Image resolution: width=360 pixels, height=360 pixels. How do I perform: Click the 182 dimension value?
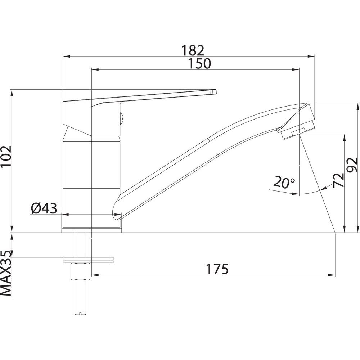(193, 50)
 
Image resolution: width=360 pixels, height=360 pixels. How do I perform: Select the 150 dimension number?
(199, 64)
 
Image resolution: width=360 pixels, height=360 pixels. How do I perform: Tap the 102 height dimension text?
(6, 157)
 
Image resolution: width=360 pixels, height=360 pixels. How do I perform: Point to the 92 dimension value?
(352, 165)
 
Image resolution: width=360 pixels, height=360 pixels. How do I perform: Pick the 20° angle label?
(284, 183)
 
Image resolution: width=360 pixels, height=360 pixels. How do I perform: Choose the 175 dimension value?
(217, 269)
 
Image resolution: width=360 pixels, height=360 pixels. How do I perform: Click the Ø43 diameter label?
(44, 208)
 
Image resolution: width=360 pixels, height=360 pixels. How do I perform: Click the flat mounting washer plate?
(89, 260)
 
